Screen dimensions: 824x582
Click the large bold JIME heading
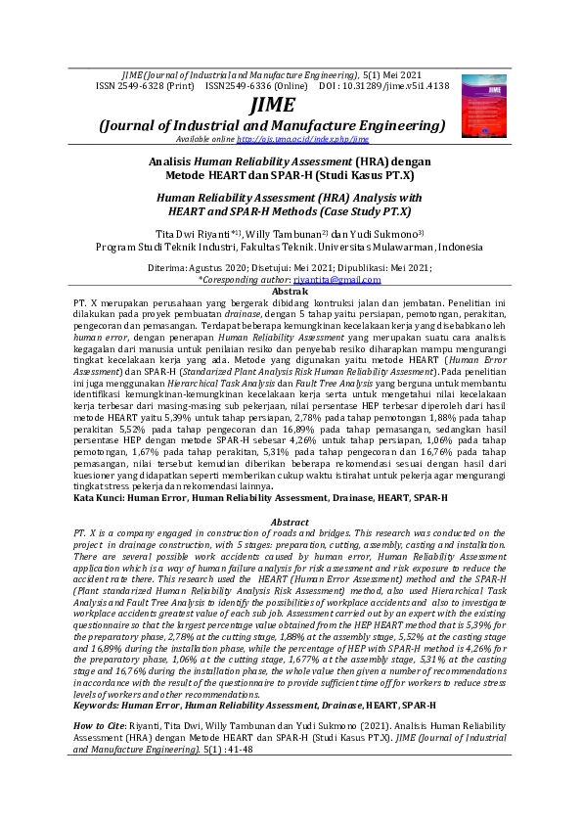[x=271, y=105]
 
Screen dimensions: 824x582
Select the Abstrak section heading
[x=291, y=292]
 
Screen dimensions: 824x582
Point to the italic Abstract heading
[x=290, y=522]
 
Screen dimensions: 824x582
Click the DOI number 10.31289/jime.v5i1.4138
[x=396, y=86]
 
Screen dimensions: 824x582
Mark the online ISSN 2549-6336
[x=247, y=86]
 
